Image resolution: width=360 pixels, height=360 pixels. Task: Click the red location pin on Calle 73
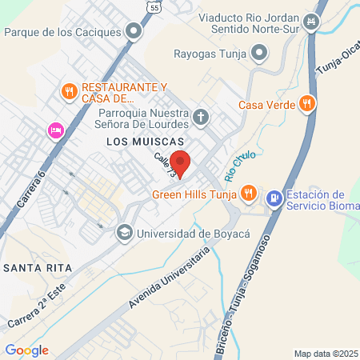click(x=181, y=162)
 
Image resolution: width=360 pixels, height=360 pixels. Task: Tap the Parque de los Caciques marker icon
click(x=134, y=32)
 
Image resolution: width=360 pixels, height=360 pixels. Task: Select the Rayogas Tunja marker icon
click(x=258, y=54)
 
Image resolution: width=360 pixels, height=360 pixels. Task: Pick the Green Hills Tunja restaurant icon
click(x=250, y=193)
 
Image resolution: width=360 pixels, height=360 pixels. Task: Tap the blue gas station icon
click(x=274, y=196)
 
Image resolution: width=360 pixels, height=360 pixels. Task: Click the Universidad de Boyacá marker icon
click(x=124, y=233)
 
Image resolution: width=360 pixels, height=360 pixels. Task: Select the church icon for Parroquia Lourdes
click(x=201, y=119)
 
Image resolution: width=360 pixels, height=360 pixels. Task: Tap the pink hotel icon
click(x=54, y=130)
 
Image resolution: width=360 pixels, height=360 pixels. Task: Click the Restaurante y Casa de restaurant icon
click(x=70, y=91)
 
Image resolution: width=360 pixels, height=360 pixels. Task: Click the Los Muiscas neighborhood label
click(x=138, y=141)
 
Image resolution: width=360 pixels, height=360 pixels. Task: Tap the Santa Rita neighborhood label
click(x=38, y=266)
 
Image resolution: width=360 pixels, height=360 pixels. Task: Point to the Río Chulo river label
click(x=234, y=166)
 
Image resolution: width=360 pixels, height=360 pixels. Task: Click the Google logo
click(x=26, y=350)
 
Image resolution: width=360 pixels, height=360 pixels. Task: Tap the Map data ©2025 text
click(x=326, y=354)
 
